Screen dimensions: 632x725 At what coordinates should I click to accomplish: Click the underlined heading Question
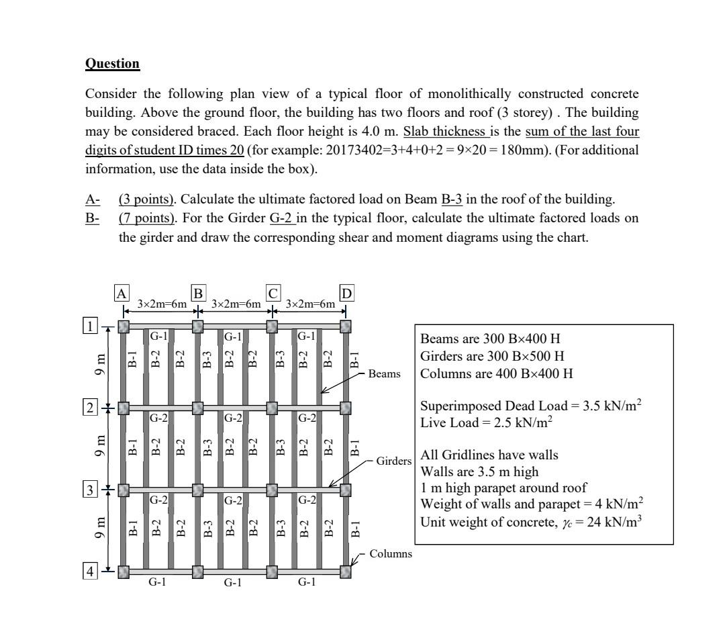[x=112, y=64]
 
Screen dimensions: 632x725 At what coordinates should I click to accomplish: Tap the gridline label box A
[x=122, y=294]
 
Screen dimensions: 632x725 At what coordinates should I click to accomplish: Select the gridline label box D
[x=346, y=294]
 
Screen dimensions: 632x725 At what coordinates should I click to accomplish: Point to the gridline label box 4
[x=89, y=572]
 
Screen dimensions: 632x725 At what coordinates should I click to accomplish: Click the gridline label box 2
[x=89, y=407]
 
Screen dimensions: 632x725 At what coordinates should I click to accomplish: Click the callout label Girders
[x=386, y=463]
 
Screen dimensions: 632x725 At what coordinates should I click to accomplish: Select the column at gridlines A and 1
[x=124, y=326]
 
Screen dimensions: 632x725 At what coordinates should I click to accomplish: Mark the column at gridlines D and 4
[x=345, y=572]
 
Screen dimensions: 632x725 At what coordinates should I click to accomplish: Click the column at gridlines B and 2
[x=197, y=408]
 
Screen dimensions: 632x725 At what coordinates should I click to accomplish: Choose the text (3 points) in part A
[x=143, y=199]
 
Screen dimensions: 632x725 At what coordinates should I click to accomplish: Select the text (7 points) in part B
[x=143, y=218]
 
